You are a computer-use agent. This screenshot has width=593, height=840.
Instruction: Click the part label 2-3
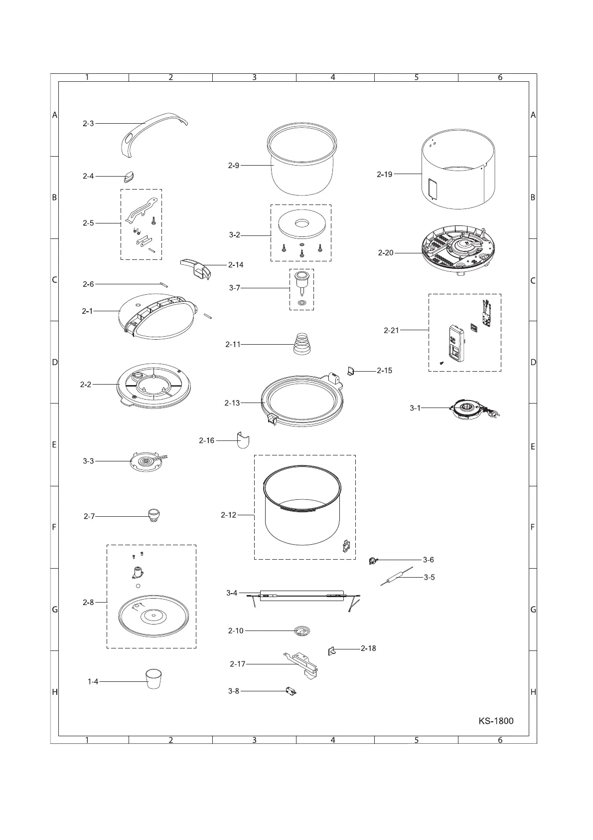88,124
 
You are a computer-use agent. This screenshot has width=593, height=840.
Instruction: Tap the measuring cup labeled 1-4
154,679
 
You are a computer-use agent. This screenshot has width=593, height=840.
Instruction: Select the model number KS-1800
496,721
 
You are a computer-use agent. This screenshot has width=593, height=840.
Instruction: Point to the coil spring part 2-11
301,344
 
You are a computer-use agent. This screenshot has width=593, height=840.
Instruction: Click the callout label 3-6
428,560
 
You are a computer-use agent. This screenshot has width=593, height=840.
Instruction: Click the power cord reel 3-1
467,409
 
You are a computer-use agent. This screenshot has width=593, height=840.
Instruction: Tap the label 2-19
385,175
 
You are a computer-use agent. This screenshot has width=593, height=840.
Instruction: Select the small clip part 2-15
350,371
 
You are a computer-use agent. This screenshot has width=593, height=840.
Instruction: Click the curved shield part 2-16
243,440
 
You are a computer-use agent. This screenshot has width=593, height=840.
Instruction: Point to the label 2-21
391,330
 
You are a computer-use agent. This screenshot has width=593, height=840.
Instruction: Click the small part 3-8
291,691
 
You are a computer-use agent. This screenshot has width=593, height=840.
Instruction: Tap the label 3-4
232,593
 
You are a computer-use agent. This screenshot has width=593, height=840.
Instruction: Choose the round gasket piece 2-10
301,631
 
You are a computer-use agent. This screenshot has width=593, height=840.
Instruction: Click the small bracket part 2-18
331,650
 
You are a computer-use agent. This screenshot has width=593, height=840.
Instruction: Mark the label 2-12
229,515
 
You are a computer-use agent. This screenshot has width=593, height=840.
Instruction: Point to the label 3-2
235,235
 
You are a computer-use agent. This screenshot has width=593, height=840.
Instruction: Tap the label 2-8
88,603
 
